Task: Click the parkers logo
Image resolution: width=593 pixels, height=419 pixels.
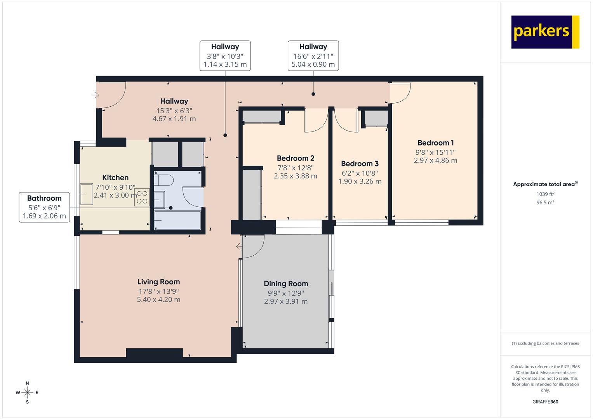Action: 545,32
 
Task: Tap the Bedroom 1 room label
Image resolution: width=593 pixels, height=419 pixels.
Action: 435,143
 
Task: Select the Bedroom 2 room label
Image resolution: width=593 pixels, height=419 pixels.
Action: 296,158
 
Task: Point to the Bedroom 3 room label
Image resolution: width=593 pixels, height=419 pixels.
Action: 360,164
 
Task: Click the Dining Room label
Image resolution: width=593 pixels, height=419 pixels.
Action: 286,284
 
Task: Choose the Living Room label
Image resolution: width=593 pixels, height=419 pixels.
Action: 158,282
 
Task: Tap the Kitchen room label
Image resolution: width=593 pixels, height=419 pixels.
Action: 115,178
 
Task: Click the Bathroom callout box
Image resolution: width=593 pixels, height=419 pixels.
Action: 44,207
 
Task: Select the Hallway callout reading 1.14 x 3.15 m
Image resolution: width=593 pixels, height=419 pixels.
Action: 225,55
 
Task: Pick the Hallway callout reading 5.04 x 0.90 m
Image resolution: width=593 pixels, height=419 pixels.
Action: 313,55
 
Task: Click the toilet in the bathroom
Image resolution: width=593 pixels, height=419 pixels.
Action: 163,180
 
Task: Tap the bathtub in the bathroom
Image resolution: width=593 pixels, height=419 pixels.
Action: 177,220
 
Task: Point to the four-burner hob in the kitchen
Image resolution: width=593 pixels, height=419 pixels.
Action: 142,197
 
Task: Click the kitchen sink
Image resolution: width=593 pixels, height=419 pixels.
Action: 86,194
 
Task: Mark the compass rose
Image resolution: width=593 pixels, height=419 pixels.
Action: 27,393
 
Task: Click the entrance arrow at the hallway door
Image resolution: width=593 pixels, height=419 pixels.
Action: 96,95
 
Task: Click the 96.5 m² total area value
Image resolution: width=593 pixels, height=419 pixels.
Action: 545,203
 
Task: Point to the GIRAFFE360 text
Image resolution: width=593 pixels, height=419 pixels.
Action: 545,402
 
